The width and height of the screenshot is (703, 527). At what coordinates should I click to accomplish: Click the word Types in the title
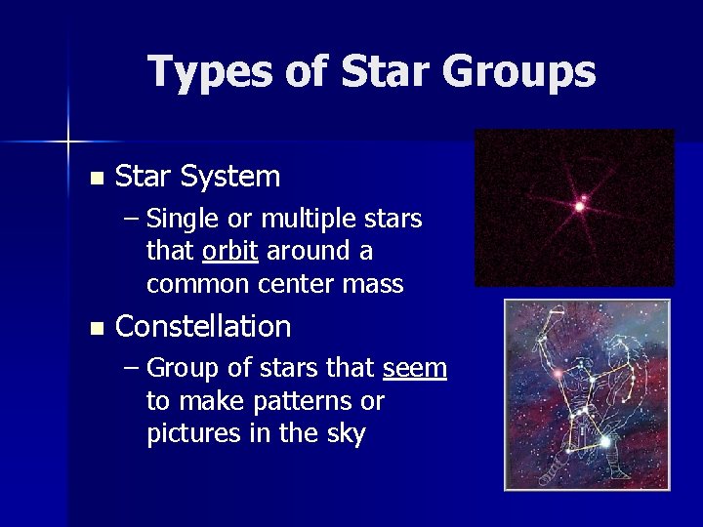coord(205,72)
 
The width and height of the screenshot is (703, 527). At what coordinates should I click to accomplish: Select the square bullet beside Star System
coord(95,179)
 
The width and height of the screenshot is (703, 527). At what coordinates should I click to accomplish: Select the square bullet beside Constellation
coord(95,328)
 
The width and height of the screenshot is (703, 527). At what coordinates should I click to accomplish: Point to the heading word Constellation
coord(203,326)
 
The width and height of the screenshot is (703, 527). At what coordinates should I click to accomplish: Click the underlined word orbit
coord(229,251)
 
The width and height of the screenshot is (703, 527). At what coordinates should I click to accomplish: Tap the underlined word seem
coord(415,369)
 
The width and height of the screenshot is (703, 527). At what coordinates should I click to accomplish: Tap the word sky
coord(342,434)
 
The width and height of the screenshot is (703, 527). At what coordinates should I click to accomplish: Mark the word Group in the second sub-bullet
coord(179,369)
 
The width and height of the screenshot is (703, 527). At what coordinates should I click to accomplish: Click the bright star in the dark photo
coord(580,205)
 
